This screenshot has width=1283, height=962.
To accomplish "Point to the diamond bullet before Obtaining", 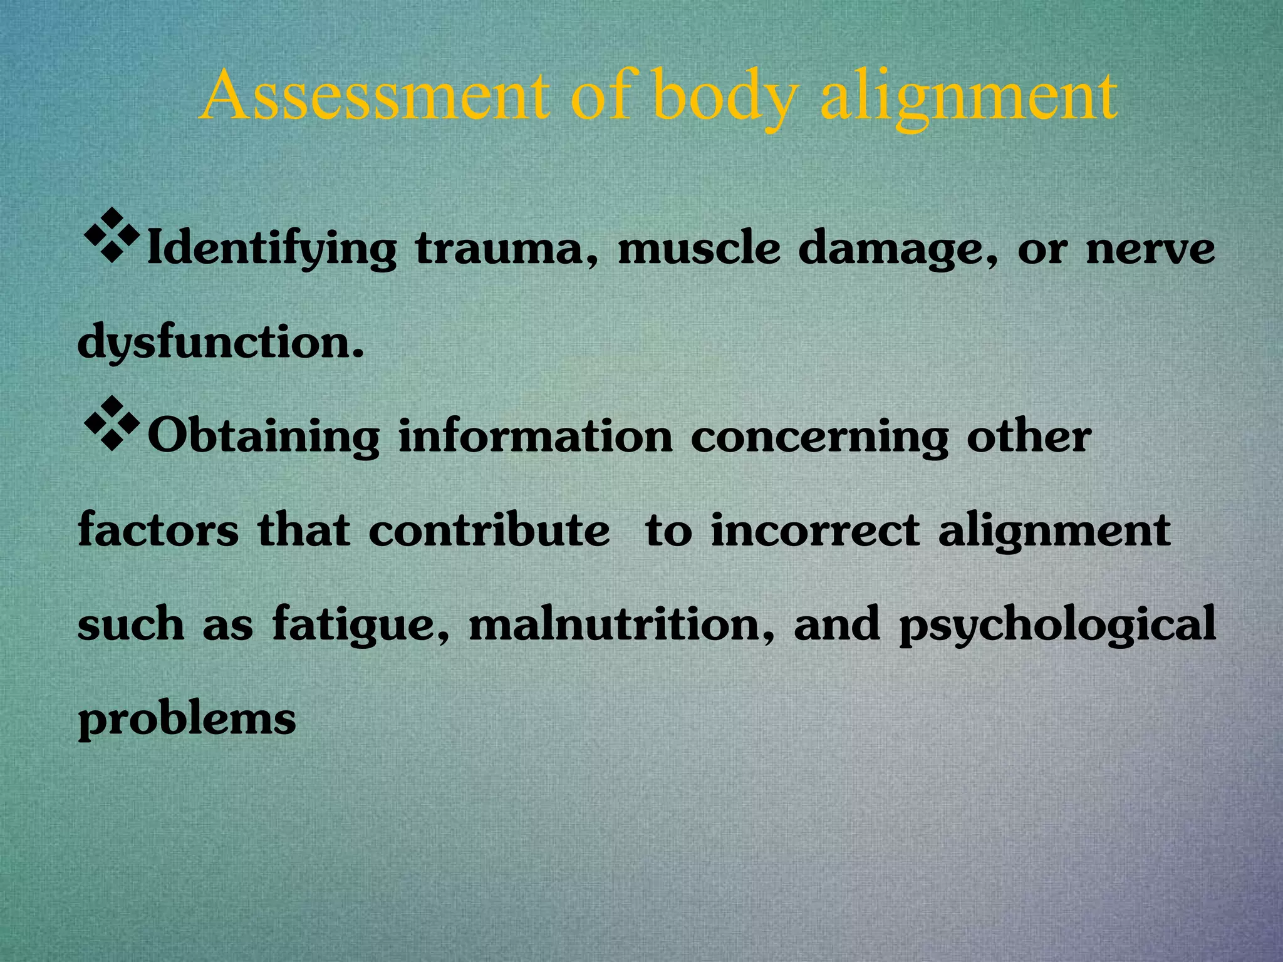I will pyautogui.click(x=111, y=423).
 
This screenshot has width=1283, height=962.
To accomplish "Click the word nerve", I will pyautogui.click(x=1150, y=249).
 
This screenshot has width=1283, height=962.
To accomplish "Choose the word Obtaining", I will pyautogui.click(x=264, y=437).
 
